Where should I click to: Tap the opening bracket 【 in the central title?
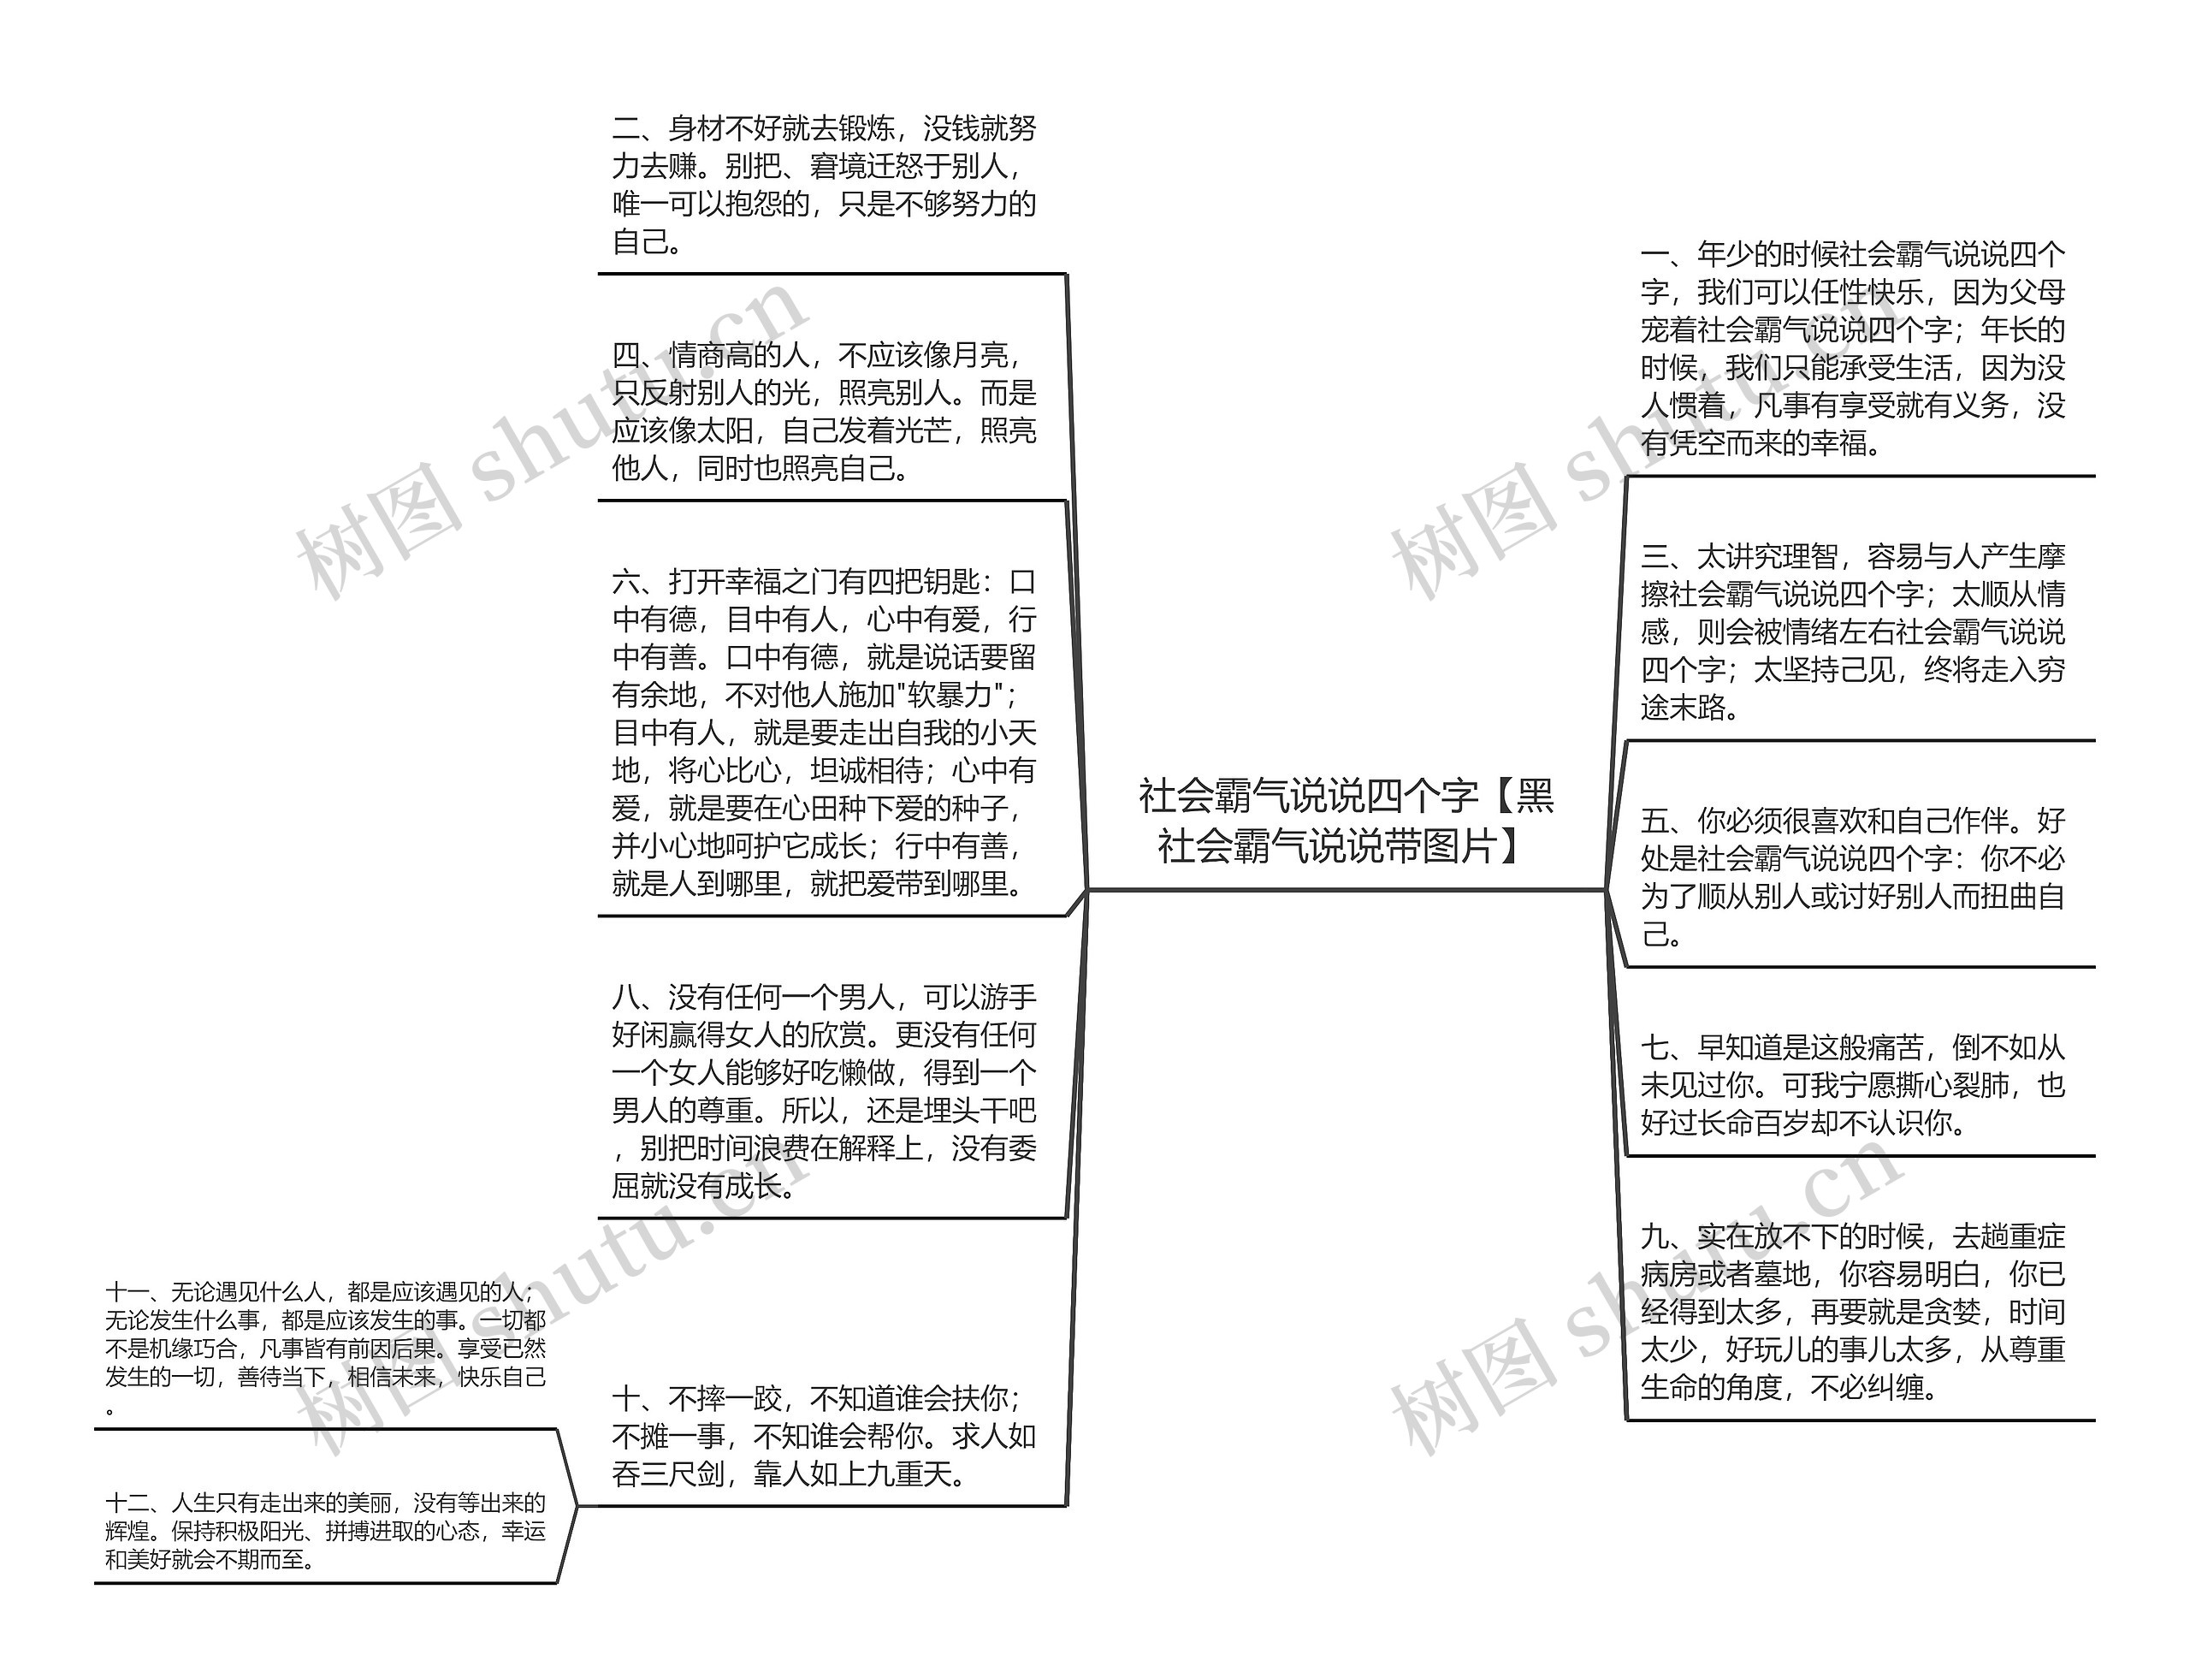tap(1498, 796)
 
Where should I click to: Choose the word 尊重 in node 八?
tap(726, 1111)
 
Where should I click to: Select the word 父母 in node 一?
tap(2036, 293)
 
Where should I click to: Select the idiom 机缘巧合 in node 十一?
tap(172, 1349)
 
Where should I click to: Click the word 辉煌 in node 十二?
tap(127, 1531)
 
